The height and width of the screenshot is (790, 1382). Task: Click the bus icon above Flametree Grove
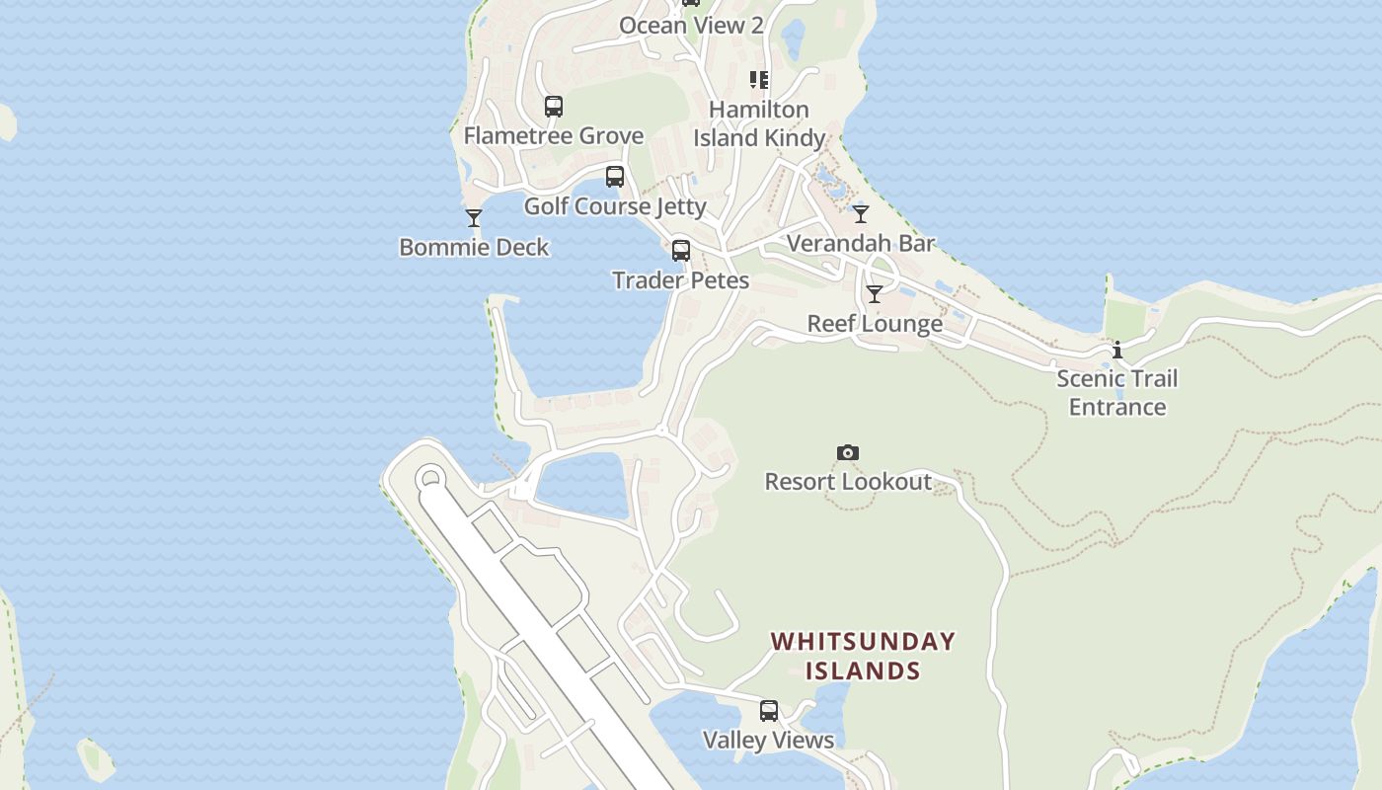tap(554, 107)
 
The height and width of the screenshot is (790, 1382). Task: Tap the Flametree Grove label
tap(554, 135)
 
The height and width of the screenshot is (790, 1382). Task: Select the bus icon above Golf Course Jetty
tap(615, 177)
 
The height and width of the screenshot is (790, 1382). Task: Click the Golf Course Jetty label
tap(615, 205)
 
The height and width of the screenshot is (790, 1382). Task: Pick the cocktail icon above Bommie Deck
tap(474, 218)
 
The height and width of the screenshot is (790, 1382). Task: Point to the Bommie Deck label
tap(474, 247)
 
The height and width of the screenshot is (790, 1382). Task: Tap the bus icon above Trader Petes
tap(681, 251)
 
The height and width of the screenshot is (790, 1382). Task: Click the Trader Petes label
tap(681, 279)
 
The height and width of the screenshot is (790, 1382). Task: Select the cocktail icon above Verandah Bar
tap(861, 214)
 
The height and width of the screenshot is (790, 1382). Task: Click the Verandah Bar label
tap(861, 243)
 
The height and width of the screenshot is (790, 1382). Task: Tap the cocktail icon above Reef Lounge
tap(875, 294)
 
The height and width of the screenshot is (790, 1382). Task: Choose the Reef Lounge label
tap(875, 323)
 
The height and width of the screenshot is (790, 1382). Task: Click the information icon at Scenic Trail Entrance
tap(1117, 350)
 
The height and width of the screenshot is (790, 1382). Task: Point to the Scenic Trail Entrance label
tap(1117, 392)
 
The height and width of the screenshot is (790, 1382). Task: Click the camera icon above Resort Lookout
tap(848, 452)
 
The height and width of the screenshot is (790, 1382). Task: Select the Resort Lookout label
tap(848, 481)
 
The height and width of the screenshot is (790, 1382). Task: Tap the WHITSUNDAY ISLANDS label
tap(864, 656)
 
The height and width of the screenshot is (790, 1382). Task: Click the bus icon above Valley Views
tap(769, 711)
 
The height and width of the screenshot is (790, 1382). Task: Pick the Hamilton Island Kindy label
tap(759, 123)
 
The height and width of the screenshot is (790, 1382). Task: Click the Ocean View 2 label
tap(691, 25)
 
